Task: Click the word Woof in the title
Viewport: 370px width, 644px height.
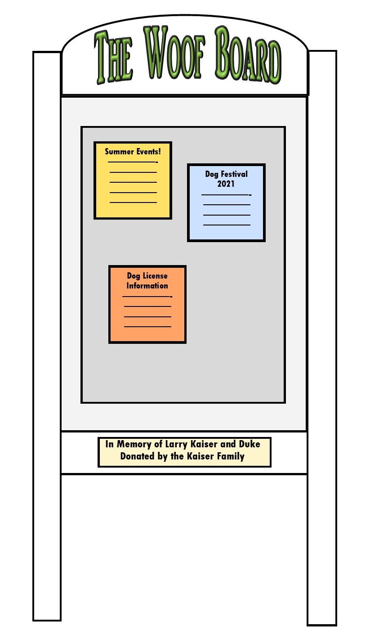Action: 174,53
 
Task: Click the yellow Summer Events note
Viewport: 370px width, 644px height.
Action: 133,180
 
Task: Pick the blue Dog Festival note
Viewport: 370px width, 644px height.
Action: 226,203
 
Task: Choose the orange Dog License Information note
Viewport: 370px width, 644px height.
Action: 147,304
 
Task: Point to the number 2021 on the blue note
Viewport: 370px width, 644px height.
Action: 226,184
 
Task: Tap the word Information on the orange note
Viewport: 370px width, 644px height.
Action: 147,285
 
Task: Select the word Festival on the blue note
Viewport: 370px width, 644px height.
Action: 234,174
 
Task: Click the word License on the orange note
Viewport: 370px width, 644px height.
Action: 155,275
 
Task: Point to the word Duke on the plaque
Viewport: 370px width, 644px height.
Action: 250,444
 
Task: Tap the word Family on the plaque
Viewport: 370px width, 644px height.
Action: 231,456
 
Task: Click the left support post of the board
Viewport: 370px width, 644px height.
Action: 47,336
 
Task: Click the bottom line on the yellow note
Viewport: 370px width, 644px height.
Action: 133,203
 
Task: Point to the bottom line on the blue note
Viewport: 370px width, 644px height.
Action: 227,225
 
